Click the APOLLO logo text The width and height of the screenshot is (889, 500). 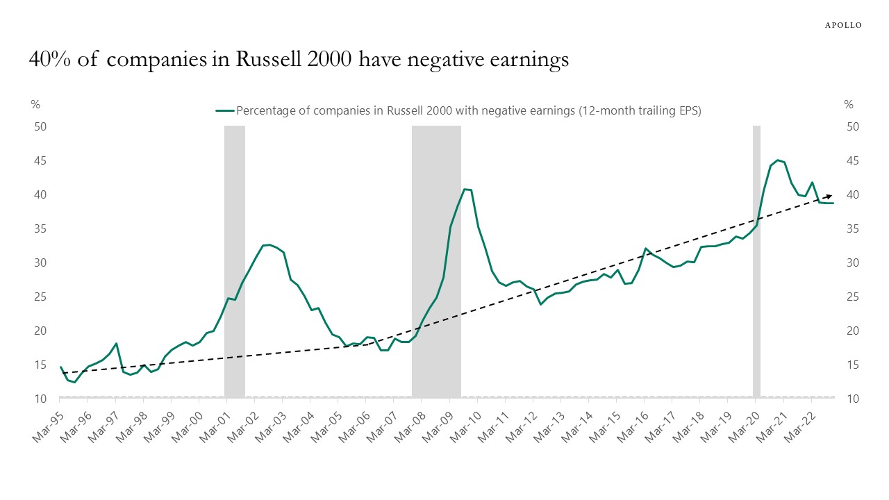(x=842, y=25)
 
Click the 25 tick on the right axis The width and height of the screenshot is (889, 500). (x=852, y=297)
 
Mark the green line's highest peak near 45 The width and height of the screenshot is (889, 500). (x=778, y=160)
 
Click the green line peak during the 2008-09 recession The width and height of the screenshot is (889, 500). (x=465, y=189)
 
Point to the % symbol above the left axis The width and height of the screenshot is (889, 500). (x=35, y=105)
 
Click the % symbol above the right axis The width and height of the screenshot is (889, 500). (x=848, y=105)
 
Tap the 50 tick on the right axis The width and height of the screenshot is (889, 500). (x=852, y=127)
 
